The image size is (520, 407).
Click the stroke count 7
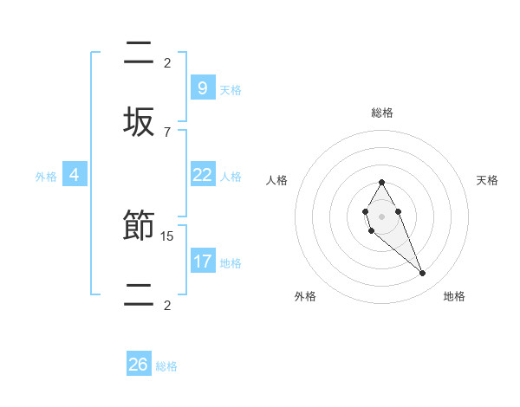point(167,132)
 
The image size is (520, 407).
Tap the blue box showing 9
point(202,88)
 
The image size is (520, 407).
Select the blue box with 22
point(202,175)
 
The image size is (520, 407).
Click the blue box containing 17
point(202,262)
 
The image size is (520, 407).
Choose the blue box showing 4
point(75,175)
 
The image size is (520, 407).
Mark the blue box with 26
point(139,365)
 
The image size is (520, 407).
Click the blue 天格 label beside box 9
point(231,90)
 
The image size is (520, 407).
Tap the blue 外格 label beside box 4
point(46,177)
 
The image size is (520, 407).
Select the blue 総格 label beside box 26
point(166,366)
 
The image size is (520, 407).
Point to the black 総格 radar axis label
point(382,113)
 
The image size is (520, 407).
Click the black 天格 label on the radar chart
point(487,180)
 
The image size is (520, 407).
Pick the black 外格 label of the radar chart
point(305,296)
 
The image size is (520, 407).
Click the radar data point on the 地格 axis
point(423,274)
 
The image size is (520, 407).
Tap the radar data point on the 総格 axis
point(381,182)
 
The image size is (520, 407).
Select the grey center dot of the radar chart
point(381,216)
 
